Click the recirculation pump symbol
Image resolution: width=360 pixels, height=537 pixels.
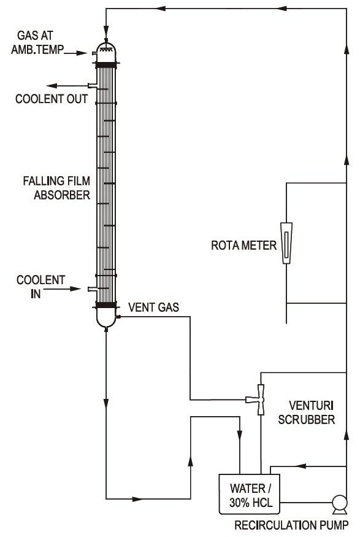[x=337, y=504]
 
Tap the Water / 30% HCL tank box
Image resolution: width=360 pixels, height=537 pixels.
[x=250, y=495]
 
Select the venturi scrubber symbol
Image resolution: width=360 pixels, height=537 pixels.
[x=260, y=400]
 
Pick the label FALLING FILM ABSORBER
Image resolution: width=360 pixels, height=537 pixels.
[x=56, y=188]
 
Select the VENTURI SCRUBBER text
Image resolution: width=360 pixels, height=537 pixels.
[x=312, y=412]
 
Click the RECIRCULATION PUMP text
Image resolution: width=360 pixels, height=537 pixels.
[x=293, y=525]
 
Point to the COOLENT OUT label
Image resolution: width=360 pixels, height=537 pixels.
[x=52, y=98]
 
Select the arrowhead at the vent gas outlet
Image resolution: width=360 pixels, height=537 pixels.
[x=117, y=317]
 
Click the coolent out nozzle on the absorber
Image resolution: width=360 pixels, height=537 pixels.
[x=92, y=85]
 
